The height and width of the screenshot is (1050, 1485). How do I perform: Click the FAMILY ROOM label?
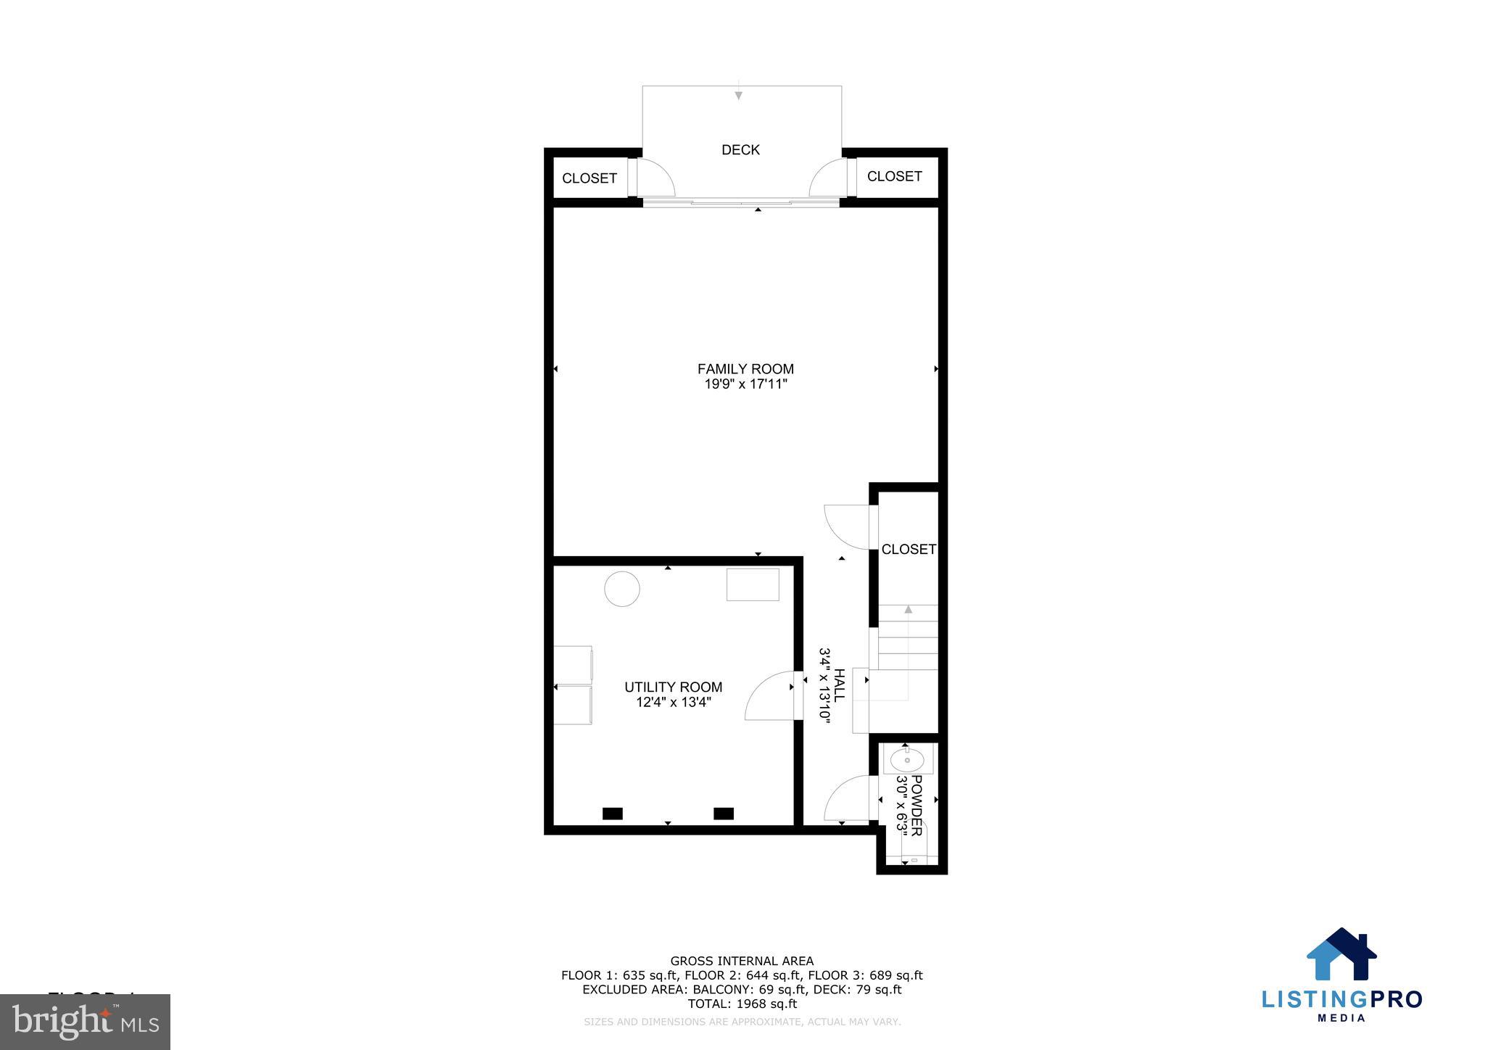click(x=745, y=369)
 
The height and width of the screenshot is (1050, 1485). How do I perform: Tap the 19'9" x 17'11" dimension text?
click(x=745, y=384)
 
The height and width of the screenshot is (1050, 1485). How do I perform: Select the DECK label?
click(x=740, y=150)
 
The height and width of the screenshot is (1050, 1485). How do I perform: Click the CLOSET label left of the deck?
click(x=590, y=178)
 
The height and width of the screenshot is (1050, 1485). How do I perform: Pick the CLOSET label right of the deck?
click(x=894, y=176)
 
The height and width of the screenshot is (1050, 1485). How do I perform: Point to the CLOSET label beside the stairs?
click(x=908, y=550)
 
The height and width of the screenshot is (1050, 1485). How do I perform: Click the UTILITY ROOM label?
click(x=673, y=687)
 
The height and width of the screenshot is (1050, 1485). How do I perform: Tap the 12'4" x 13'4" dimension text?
click(x=673, y=702)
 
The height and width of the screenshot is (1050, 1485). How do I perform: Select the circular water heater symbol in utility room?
click(x=622, y=589)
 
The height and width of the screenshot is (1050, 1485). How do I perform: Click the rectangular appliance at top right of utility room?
click(x=753, y=584)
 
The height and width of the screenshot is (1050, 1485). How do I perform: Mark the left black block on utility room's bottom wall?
click(x=613, y=814)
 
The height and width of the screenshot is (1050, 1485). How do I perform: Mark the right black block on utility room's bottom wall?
click(x=724, y=814)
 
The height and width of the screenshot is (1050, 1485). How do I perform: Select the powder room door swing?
click(x=847, y=798)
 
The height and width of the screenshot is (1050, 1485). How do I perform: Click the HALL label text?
click(x=840, y=685)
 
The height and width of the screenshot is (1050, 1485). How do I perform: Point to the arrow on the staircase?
click(x=908, y=610)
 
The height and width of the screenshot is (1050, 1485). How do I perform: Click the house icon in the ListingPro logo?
click(x=1341, y=954)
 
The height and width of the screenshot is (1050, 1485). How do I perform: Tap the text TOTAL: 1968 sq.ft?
click(x=742, y=1004)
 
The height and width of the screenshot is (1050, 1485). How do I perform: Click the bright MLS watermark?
click(x=85, y=1022)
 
